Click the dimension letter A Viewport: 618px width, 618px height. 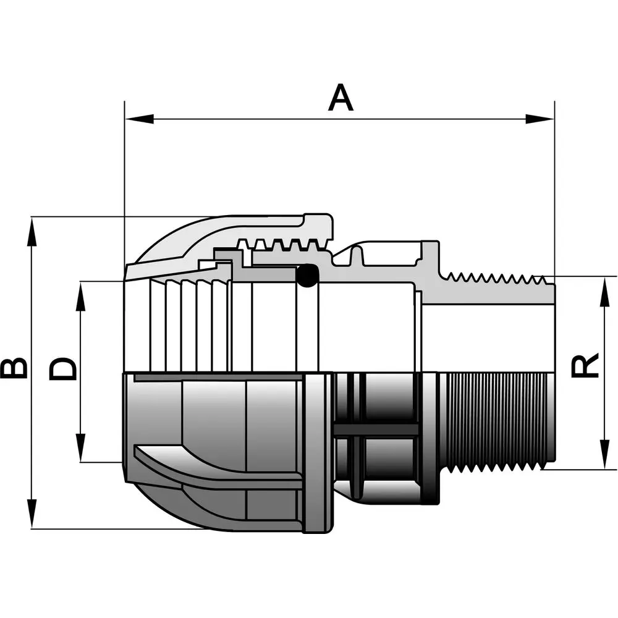coord(341,98)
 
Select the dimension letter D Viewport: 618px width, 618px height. coord(62,368)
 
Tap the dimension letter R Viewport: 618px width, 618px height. coord(585,365)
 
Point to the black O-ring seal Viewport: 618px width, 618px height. coord(307,275)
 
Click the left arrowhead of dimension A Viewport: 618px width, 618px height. coord(139,119)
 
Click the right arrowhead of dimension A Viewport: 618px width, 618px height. coord(540,119)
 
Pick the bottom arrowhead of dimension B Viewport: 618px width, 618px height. coord(32,514)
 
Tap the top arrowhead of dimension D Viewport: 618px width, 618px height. coord(81,296)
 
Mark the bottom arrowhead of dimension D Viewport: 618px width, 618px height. coord(81,447)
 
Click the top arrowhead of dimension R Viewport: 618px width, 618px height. coord(604,292)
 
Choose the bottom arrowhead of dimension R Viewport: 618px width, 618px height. coord(604,454)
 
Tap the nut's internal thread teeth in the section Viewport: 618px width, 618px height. coord(282,245)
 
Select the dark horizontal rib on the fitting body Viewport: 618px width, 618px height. coord(376,430)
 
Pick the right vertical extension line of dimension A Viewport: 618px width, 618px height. coord(554,188)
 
